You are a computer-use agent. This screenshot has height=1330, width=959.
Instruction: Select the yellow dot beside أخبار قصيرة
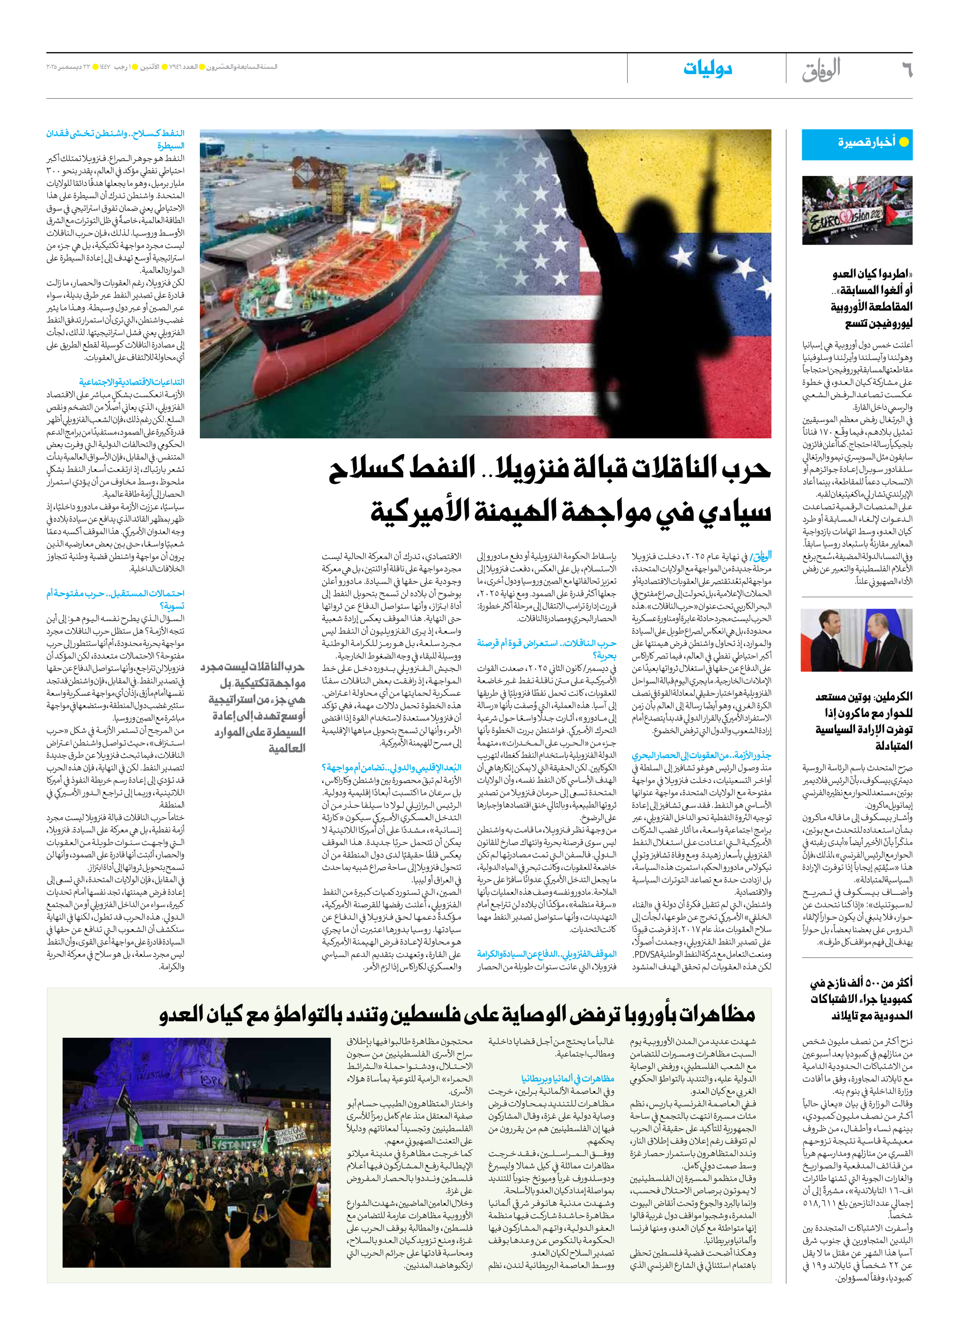(x=904, y=142)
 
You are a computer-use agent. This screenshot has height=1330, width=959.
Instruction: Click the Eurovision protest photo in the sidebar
(x=857, y=210)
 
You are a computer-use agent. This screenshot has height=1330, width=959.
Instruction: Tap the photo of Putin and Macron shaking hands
(x=857, y=640)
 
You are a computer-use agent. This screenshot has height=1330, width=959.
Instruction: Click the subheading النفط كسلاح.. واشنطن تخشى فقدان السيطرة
(x=115, y=140)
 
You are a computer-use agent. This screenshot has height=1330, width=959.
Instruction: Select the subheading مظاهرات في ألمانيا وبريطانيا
(x=568, y=1078)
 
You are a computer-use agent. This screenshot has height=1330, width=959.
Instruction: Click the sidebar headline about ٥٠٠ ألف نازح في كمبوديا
(x=861, y=999)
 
